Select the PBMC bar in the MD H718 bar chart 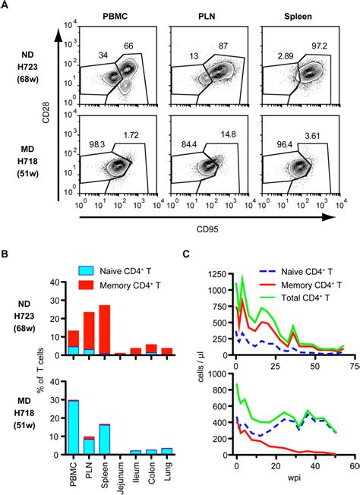coord(74,426)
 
